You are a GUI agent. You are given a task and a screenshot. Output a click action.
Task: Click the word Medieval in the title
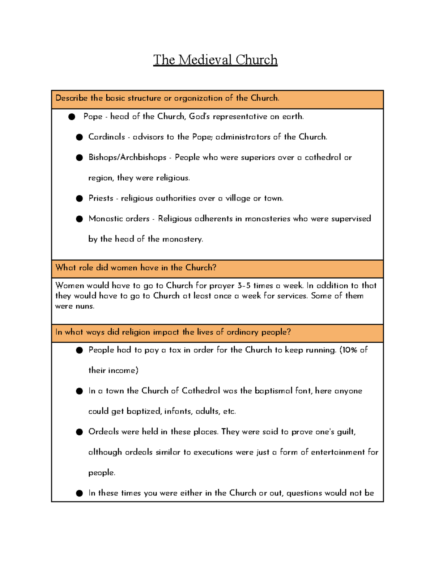pyautogui.click(x=205, y=60)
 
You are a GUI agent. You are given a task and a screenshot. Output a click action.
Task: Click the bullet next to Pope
pyautogui.click(x=72, y=117)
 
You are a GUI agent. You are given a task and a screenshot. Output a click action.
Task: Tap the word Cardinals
pyautogui.click(x=106, y=137)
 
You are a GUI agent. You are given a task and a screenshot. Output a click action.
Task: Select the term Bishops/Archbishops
pyautogui.click(x=127, y=157)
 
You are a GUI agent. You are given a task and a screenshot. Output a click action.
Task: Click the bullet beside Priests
pyautogui.click(x=80, y=198)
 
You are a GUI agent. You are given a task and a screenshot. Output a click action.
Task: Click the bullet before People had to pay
pyautogui.click(x=80, y=350)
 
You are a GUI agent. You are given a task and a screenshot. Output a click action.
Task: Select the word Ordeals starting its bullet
pyautogui.click(x=103, y=432)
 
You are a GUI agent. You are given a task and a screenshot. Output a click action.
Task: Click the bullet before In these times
pyautogui.click(x=80, y=493)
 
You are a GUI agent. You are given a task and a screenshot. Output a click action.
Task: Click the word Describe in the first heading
pyautogui.click(x=71, y=98)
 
